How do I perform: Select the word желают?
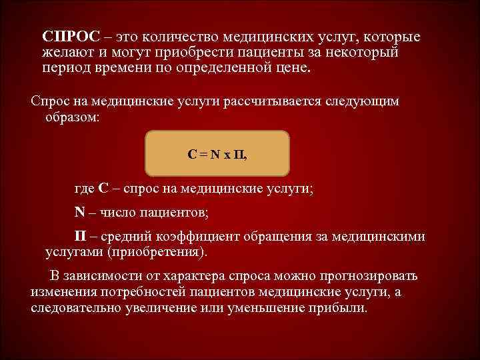(65, 52)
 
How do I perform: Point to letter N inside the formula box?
(214, 155)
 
